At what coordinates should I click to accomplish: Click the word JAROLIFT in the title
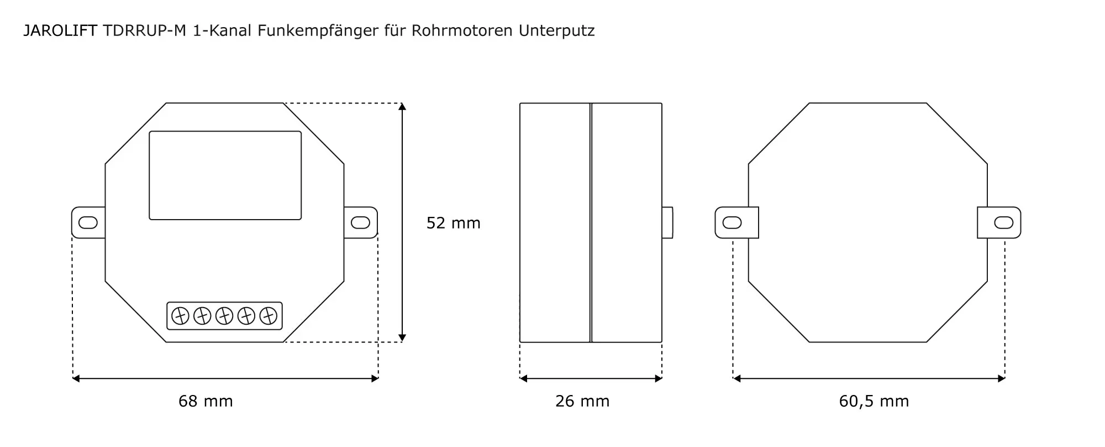pos(60,31)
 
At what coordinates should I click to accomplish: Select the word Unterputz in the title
pos(556,31)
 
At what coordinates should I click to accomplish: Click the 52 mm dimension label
pos(454,223)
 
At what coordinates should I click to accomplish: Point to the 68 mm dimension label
pos(206,401)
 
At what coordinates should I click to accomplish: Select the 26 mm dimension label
pos(582,401)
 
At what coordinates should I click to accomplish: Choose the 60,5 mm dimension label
pos(874,401)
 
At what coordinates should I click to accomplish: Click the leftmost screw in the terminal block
pos(180,316)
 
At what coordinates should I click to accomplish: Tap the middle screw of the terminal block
pos(224,316)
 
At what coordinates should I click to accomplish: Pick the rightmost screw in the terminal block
pos(268,316)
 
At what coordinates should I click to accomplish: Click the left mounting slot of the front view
pos(88,222)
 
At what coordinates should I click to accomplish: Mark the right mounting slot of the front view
pos(361,222)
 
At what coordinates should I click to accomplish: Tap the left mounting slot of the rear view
pos(732,222)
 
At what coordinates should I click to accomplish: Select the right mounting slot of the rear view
pos(1004,222)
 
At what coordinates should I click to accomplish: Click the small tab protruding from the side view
pos(667,222)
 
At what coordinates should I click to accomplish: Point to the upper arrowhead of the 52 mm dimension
pos(402,107)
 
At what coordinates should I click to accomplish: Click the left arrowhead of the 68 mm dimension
pos(76,378)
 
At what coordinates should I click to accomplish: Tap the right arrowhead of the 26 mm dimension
pos(658,378)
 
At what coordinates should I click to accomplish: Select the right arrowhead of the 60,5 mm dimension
pos(1001,378)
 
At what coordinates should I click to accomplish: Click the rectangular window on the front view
pos(225,175)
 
